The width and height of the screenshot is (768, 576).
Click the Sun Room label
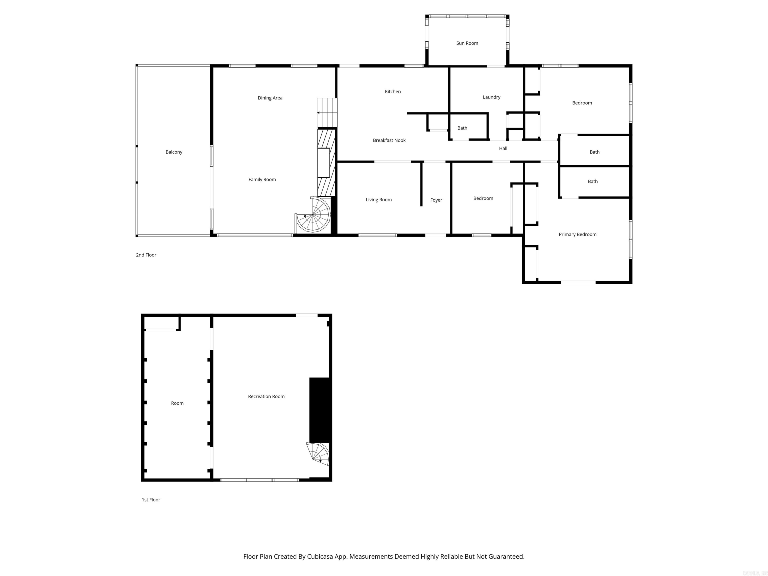click(x=467, y=43)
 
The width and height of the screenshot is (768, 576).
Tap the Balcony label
click(x=173, y=152)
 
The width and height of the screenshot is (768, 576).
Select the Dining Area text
click(x=270, y=98)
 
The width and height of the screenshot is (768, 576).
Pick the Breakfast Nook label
click(x=389, y=140)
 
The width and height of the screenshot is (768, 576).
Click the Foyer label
click(x=436, y=200)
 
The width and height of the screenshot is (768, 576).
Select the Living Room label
click(x=378, y=200)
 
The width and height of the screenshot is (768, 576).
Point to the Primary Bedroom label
click(x=577, y=234)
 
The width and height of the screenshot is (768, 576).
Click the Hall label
click(x=503, y=148)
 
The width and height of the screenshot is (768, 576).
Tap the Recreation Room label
click(x=266, y=396)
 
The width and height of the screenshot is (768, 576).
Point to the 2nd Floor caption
click(x=146, y=255)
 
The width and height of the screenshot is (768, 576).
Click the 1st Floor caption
click(x=151, y=499)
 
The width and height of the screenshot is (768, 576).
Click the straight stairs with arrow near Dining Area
click(x=327, y=112)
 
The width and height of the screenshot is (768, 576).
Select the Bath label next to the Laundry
click(x=462, y=128)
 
